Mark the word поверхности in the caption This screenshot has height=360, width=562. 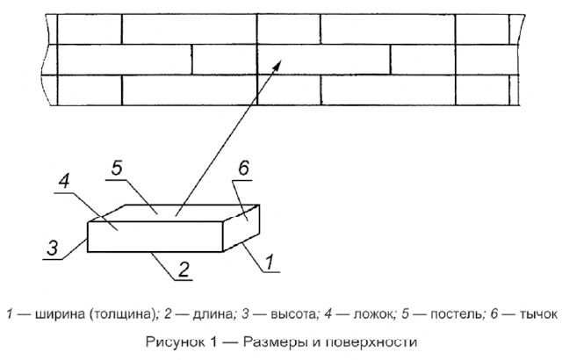point(374,340)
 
